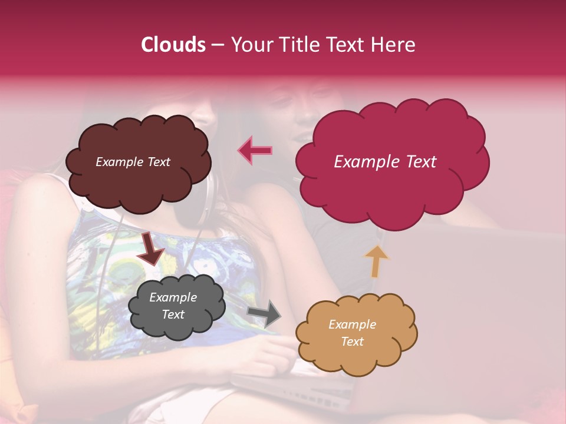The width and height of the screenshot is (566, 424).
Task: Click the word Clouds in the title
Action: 173,45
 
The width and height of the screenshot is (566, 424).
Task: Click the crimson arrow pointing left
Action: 255,150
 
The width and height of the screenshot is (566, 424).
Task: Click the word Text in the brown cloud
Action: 158,162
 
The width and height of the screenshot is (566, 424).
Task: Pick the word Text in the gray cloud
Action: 173,314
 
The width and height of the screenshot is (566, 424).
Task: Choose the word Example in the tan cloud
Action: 352,324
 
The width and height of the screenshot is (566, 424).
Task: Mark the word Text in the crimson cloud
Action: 420,162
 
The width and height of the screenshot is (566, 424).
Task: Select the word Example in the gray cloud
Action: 173,297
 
